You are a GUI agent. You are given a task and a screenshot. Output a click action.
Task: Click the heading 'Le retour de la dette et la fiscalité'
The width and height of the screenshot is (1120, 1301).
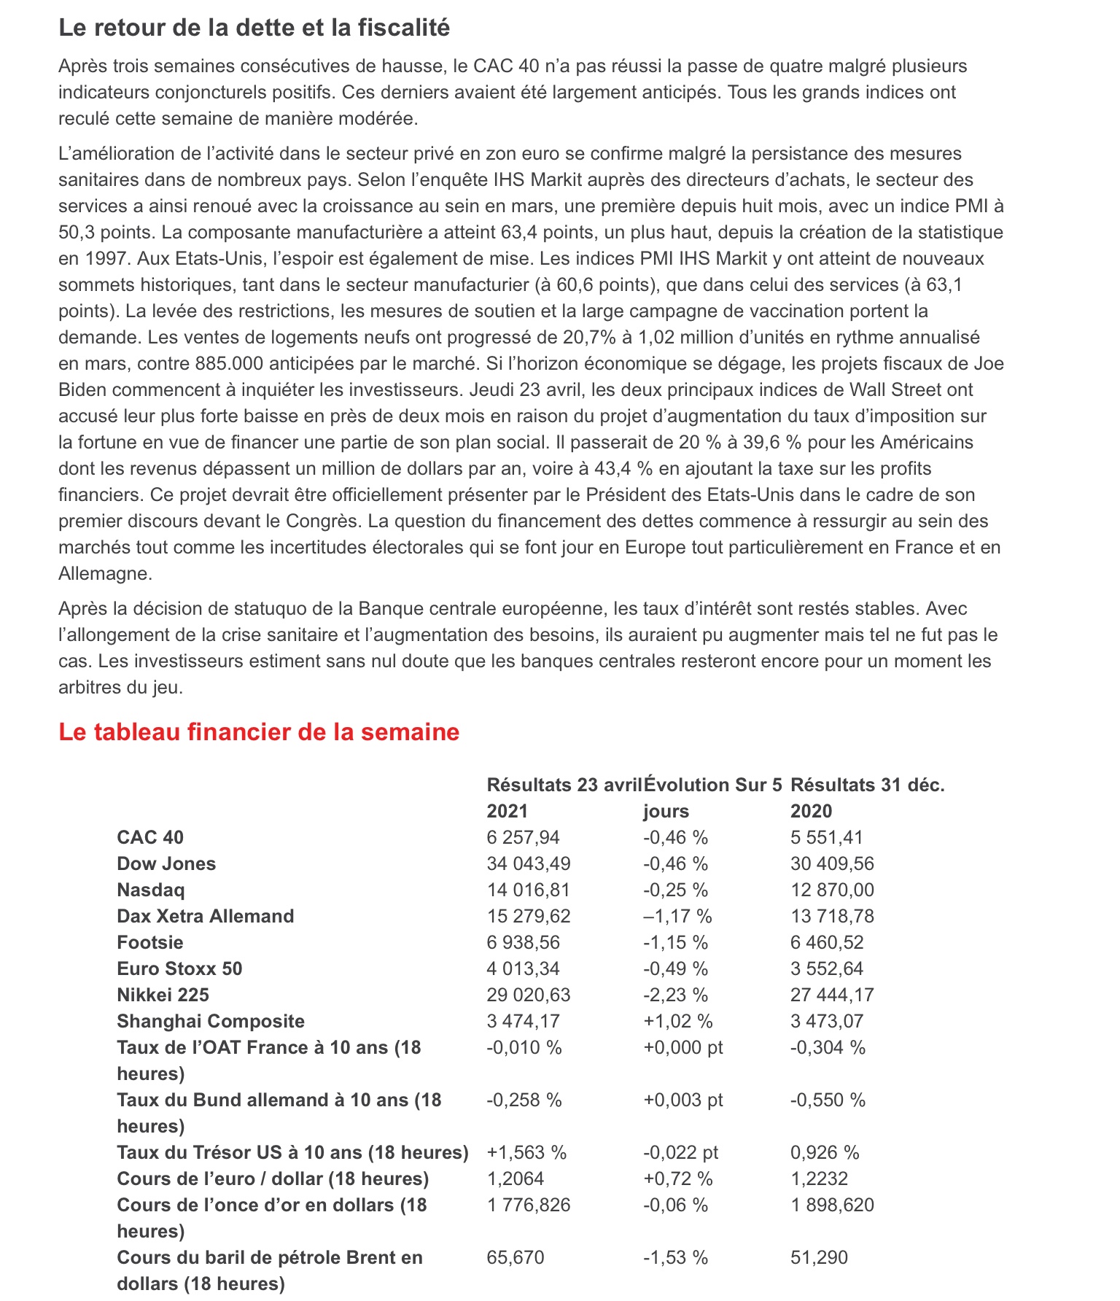point(254,28)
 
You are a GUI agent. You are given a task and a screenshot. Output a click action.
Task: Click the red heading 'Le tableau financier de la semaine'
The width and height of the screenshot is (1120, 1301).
point(259,732)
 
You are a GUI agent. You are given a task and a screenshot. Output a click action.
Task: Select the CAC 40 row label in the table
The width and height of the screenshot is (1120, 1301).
point(150,837)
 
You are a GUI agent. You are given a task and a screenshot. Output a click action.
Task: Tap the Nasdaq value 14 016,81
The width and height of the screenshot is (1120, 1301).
point(528,890)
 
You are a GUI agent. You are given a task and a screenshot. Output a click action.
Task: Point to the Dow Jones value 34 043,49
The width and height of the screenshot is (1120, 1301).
point(528,863)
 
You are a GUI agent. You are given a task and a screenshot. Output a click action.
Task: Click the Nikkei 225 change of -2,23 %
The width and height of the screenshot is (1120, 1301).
point(675,995)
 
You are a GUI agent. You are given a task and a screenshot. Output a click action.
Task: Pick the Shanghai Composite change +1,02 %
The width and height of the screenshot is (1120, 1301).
point(677,1021)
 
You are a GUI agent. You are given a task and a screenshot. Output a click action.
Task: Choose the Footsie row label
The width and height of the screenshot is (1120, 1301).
point(149,942)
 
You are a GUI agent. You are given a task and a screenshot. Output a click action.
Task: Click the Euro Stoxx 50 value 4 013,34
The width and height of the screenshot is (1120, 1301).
point(523,968)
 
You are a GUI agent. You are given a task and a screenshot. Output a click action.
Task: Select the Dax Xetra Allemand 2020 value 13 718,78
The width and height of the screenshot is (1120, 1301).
point(832,916)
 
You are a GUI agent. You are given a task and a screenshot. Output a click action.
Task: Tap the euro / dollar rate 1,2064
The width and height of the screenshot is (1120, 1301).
point(515,1178)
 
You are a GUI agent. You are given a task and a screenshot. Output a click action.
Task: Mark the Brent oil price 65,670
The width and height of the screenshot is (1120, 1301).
point(515,1257)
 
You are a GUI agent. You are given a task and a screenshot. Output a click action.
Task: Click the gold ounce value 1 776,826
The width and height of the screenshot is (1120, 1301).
point(528,1205)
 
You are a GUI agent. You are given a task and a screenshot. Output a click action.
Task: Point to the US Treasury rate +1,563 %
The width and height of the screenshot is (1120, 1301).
point(526,1152)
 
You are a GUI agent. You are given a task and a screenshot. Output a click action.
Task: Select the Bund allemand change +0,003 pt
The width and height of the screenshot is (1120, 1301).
point(682,1100)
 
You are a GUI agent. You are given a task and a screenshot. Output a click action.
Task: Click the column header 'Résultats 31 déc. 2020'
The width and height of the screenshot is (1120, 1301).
point(867,798)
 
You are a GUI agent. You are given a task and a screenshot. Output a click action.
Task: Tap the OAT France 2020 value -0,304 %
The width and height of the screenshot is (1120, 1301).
point(828,1047)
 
